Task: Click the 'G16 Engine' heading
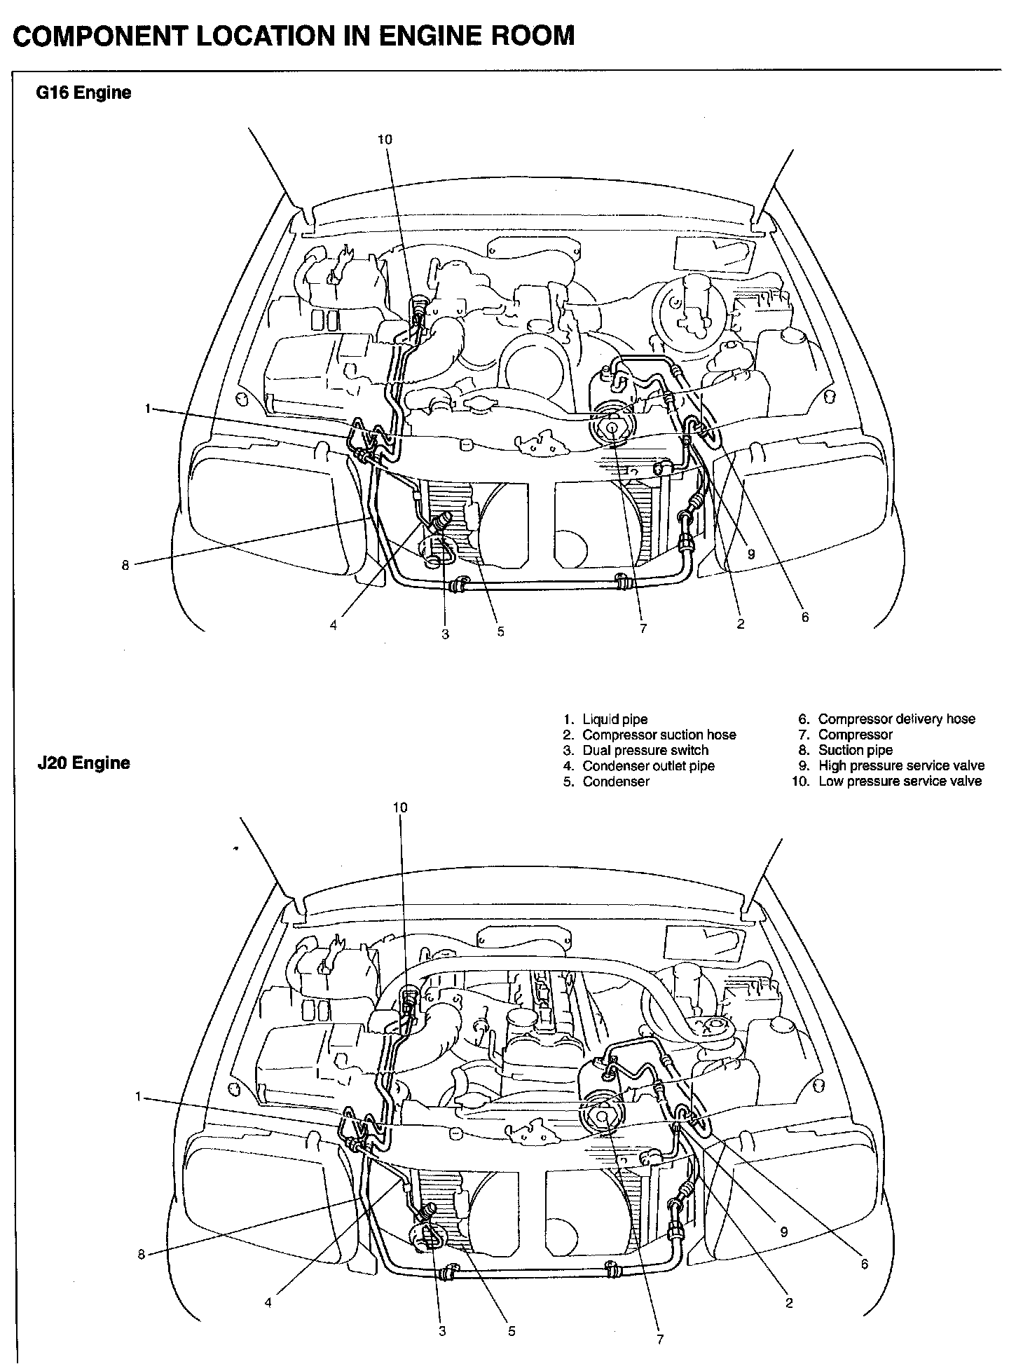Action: (83, 93)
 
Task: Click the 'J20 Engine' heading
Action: (83, 763)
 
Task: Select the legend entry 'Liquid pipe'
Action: (615, 719)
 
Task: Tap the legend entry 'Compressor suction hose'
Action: (659, 735)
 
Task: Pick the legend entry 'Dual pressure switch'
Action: (645, 750)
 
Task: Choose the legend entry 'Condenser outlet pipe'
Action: (648, 765)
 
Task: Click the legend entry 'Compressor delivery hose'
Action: (896, 719)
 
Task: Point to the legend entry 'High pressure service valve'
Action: (901, 765)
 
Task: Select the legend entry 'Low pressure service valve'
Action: (900, 781)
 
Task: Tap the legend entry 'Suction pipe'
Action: (855, 750)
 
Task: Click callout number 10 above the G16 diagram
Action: (385, 139)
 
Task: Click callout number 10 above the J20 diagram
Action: (399, 807)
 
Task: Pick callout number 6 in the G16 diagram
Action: (805, 617)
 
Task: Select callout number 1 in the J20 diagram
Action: (138, 1096)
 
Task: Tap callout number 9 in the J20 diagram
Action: (783, 1232)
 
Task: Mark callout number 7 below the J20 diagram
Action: (659, 1339)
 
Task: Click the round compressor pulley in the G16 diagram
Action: (612, 427)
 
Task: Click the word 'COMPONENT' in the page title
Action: (99, 35)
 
